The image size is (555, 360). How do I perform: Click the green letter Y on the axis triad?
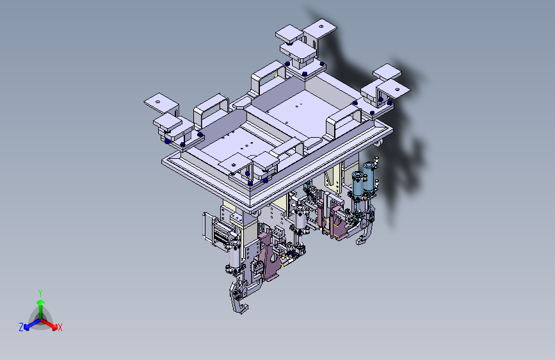pyautogui.click(x=40, y=293)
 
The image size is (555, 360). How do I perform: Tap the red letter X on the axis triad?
pyautogui.click(x=60, y=327)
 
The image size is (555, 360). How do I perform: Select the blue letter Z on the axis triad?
pyautogui.click(x=21, y=327)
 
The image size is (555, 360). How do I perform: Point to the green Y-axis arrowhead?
pyautogui.click(x=41, y=302)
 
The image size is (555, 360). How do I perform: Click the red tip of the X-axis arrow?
pyautogui.click(x=54, y=327)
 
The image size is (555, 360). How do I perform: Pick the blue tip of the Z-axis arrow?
pyautogui.click(x=26, y=327)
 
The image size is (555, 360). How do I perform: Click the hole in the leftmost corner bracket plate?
pyautogui.click(x=158, y=102)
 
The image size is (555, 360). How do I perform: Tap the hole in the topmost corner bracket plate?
pyautogui.click(x=321, y=26)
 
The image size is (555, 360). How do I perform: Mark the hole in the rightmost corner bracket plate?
pyautogui.click(x=397, y=89)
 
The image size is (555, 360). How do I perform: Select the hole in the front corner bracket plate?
pyautogui.click(x=234, y=165)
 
